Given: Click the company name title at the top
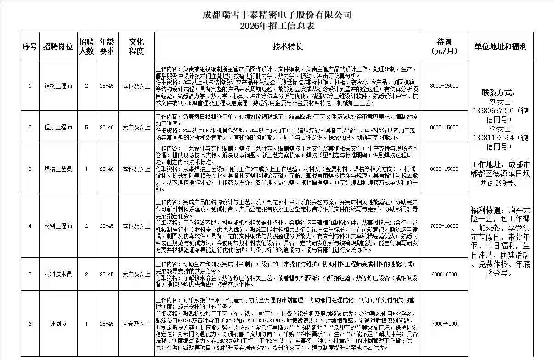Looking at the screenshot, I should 277,15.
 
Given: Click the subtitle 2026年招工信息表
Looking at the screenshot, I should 277,26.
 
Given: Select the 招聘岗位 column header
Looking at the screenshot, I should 58,46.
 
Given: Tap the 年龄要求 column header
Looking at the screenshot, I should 107,46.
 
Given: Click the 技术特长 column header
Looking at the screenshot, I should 288,46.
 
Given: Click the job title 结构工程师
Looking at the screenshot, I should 58,86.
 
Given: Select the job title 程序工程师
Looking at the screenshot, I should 58,127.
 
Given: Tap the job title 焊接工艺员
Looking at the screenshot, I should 58,169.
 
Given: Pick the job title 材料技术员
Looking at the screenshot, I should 58,274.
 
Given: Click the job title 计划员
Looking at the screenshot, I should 58,324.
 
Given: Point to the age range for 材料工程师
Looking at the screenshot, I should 107,226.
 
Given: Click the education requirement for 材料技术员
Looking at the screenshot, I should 136,274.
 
